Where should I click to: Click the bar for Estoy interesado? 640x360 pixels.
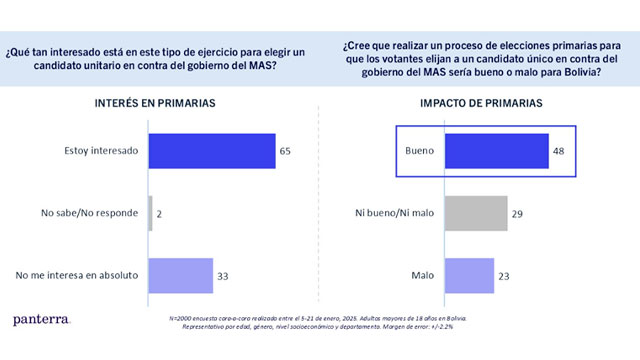212,151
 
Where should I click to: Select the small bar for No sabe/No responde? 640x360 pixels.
150,213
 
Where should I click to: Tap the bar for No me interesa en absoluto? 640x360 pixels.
180,275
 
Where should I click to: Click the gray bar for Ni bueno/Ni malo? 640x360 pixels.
476,213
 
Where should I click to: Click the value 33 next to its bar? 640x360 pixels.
223,275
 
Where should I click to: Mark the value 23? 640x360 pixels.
506,275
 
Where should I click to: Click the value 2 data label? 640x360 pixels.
161,213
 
